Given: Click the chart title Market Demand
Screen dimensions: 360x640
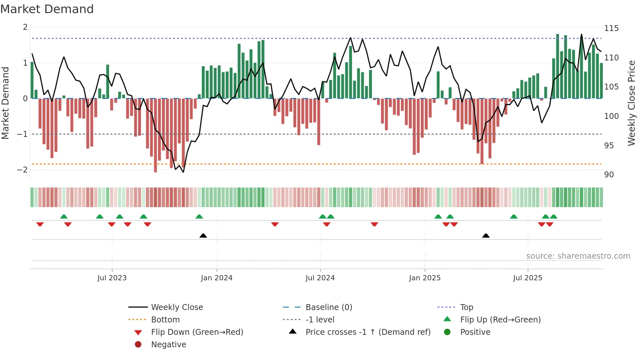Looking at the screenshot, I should click(47, 9).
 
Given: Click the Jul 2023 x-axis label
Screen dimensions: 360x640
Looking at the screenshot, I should click(112, 278).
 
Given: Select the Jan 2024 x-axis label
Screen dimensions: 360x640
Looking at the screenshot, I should click(217, 278).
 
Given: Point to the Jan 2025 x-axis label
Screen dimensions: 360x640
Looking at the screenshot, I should click(425, 278).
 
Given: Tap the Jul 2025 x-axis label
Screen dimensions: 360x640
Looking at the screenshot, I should click(528, 278).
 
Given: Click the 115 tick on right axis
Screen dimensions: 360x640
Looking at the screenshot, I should click(611, 28).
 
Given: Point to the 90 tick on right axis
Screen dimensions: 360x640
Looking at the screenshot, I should click(609, 175).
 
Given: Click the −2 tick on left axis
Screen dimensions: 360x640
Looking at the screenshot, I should click(23, 170).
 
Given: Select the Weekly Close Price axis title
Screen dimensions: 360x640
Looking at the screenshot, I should click(632, 103).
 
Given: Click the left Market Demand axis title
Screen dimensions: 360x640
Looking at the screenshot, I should click(6, 103).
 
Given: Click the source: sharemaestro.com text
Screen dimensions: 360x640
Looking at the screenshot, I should click(578, 256).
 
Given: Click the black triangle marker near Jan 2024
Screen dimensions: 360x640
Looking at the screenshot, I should click(203, 236).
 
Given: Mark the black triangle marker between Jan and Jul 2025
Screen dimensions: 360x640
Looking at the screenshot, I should click(486, 236).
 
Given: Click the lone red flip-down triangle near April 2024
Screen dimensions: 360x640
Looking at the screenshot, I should click(275, 224).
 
